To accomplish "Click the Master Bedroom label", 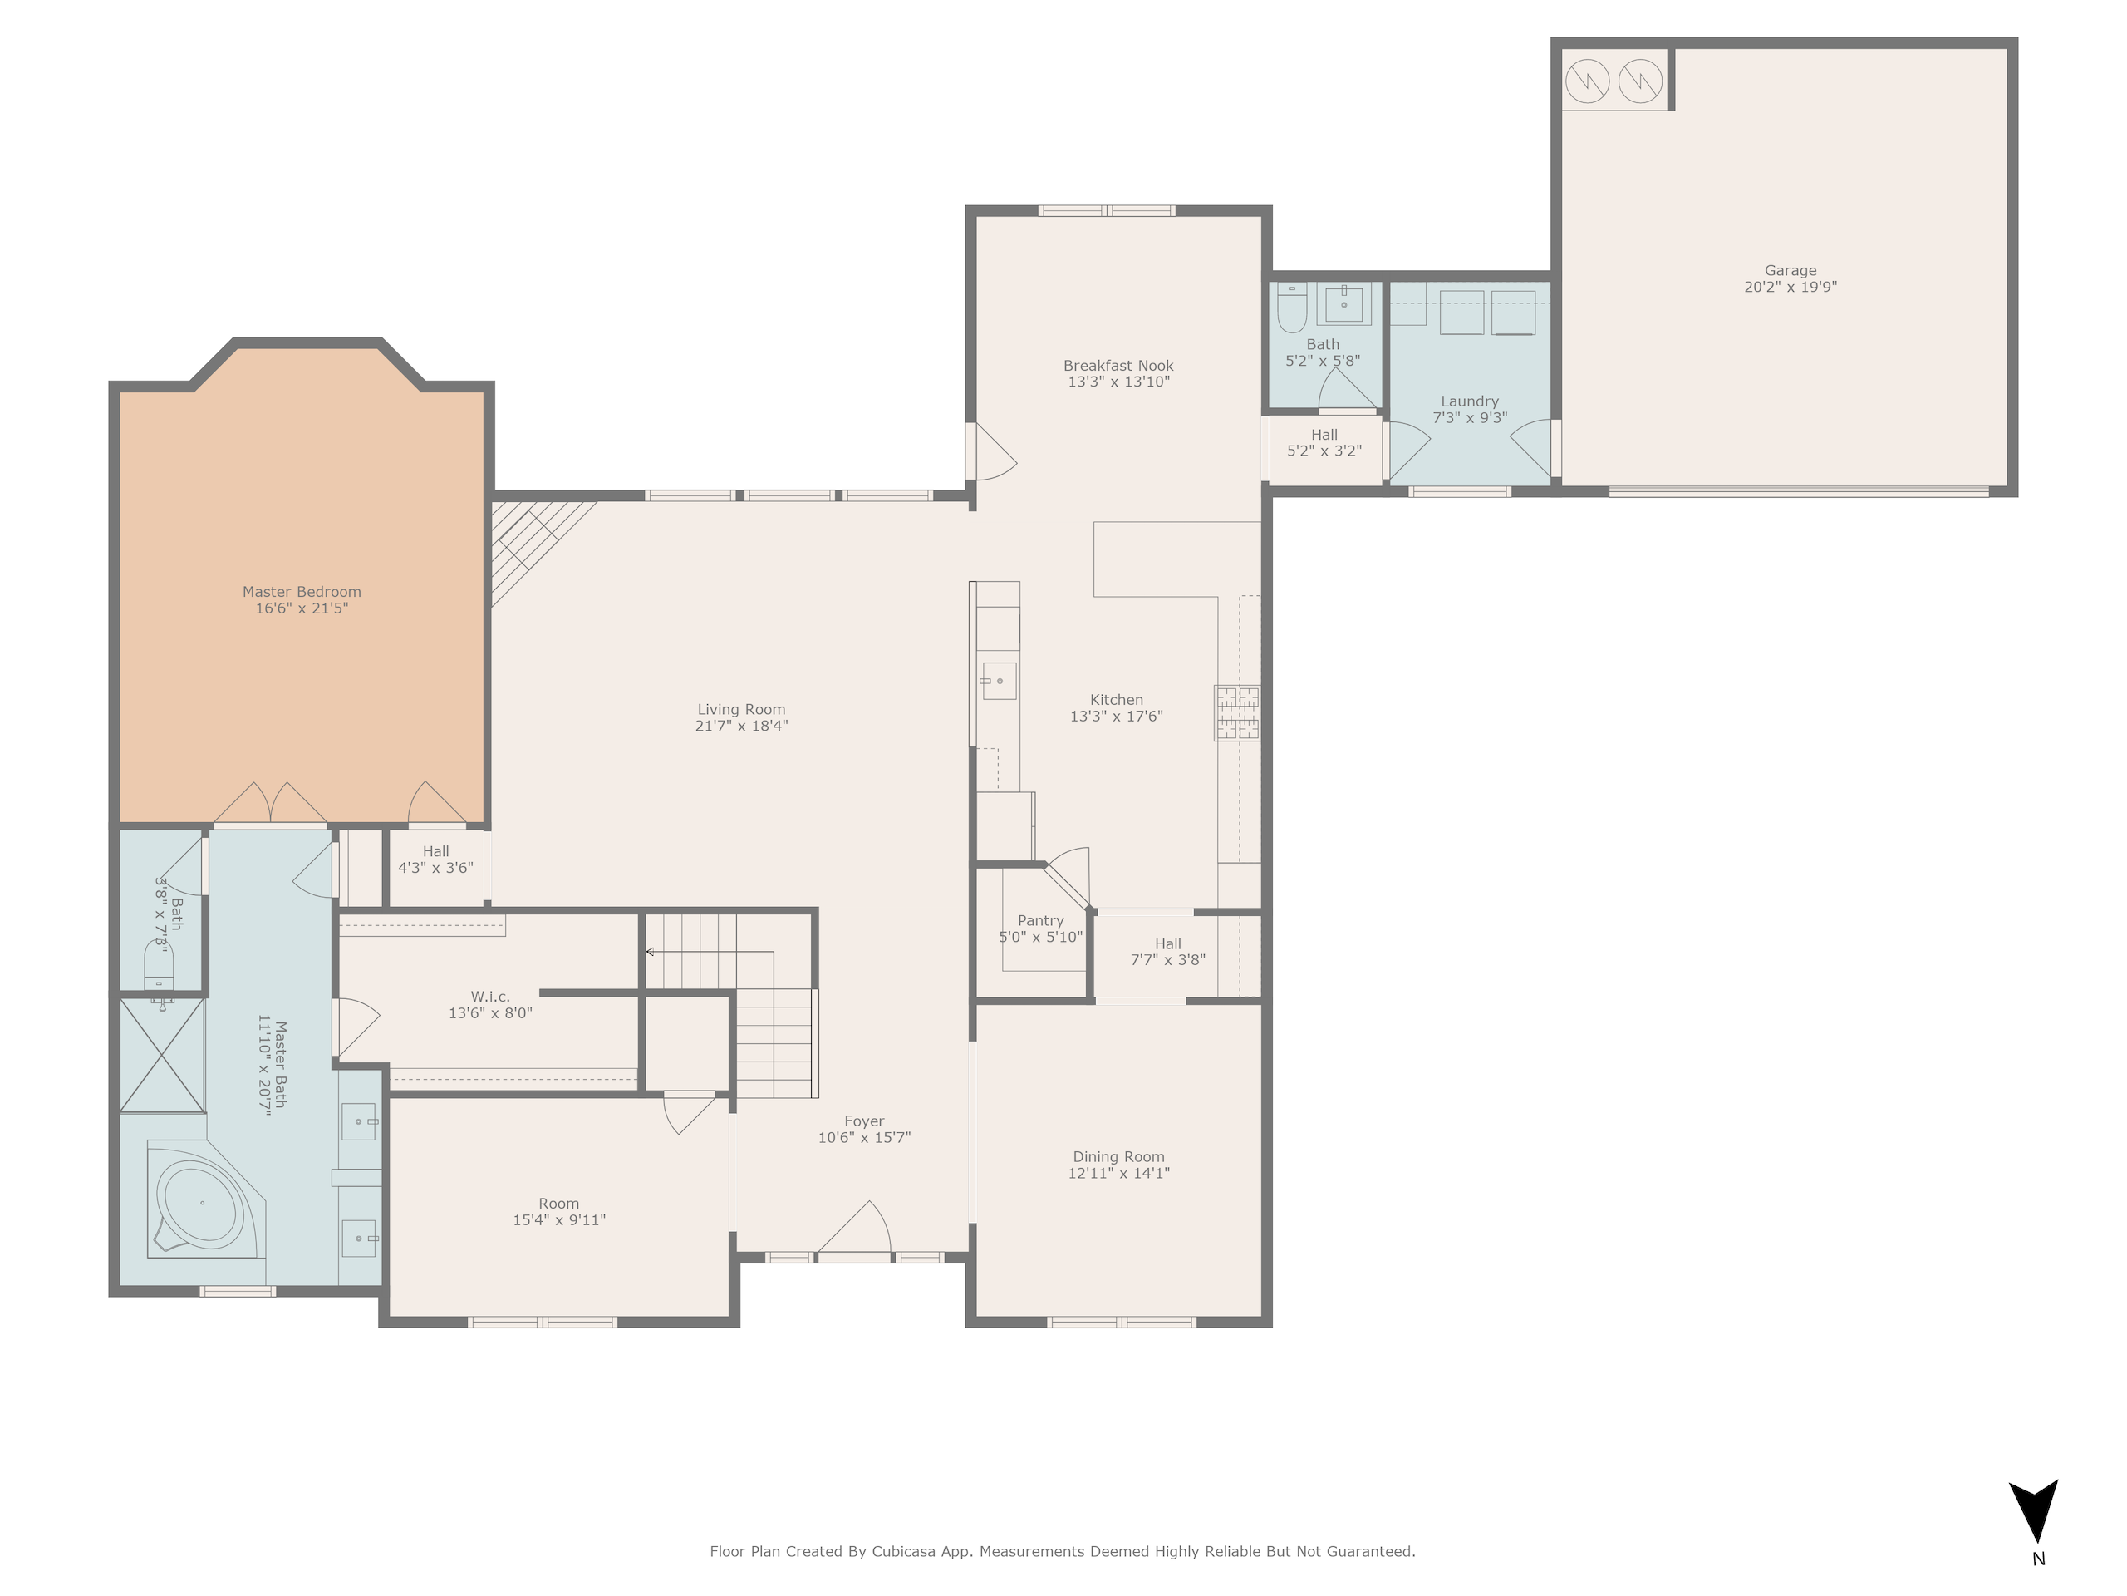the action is coord(301,592).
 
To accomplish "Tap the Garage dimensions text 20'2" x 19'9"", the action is coord(1791,287).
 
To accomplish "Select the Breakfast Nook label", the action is coord(1118,366).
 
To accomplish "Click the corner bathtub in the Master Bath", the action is coord(206,1199).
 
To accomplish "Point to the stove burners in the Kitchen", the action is coord(1236,713).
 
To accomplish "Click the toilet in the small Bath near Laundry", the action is coord(1291,308).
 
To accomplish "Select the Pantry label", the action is coord(1040,921).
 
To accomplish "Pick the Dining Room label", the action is coord(1118,1156).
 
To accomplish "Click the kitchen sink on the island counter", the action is coord(999,681).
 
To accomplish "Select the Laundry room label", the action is coord(1469,401).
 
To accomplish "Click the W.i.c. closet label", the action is coord(490,997).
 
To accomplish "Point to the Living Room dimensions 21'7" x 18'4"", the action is coord(741,727).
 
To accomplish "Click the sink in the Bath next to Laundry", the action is coord(1343,305).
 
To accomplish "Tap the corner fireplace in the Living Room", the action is coord(534,549).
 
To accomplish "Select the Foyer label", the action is coord(863,1121).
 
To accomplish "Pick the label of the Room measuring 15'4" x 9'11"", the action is coord(558,1204).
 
